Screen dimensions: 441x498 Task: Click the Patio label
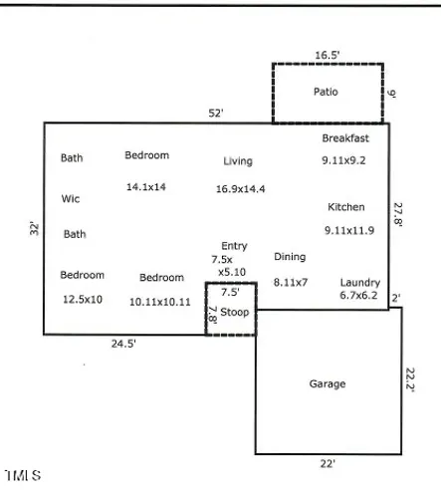coord(326,92)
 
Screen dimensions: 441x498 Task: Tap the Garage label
coord(328,383)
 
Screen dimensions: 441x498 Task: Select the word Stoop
coord(235,312)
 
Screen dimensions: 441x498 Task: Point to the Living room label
coord(238,161)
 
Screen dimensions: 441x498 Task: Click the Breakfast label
coord(345,138)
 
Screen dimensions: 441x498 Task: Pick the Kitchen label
coord(346,207)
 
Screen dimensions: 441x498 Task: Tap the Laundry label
coord(360,283)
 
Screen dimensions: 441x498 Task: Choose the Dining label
coord(290,257)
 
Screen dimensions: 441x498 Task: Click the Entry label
coord(234,246)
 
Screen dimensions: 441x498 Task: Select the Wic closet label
coord(71,198)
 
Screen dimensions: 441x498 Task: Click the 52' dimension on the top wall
coord(216,114)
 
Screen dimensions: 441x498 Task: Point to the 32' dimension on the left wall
coord(34,228)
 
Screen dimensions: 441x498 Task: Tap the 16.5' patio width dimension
coord(328,55)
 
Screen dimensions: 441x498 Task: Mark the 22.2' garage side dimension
coord(410,379)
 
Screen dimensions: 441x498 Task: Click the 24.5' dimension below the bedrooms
coord(123,344)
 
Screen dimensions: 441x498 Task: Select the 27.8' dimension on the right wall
coord(398,214)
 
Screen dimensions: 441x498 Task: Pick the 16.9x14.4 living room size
coord(241,189)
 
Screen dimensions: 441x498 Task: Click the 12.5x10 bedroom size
coord(83,300)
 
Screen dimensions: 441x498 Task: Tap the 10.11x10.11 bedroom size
coord(160,302)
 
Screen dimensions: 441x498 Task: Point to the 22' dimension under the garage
coord(328,463)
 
